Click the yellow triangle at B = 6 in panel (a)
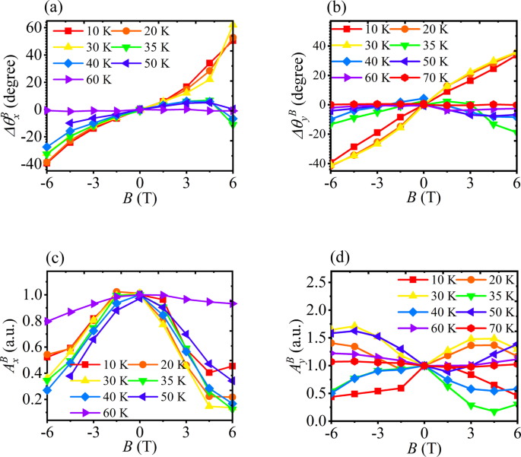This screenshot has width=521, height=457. (x=232, y=26)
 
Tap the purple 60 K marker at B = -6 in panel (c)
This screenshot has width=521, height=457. (x=47, y=322)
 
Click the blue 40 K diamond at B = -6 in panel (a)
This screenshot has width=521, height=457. (x=47, y=147)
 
